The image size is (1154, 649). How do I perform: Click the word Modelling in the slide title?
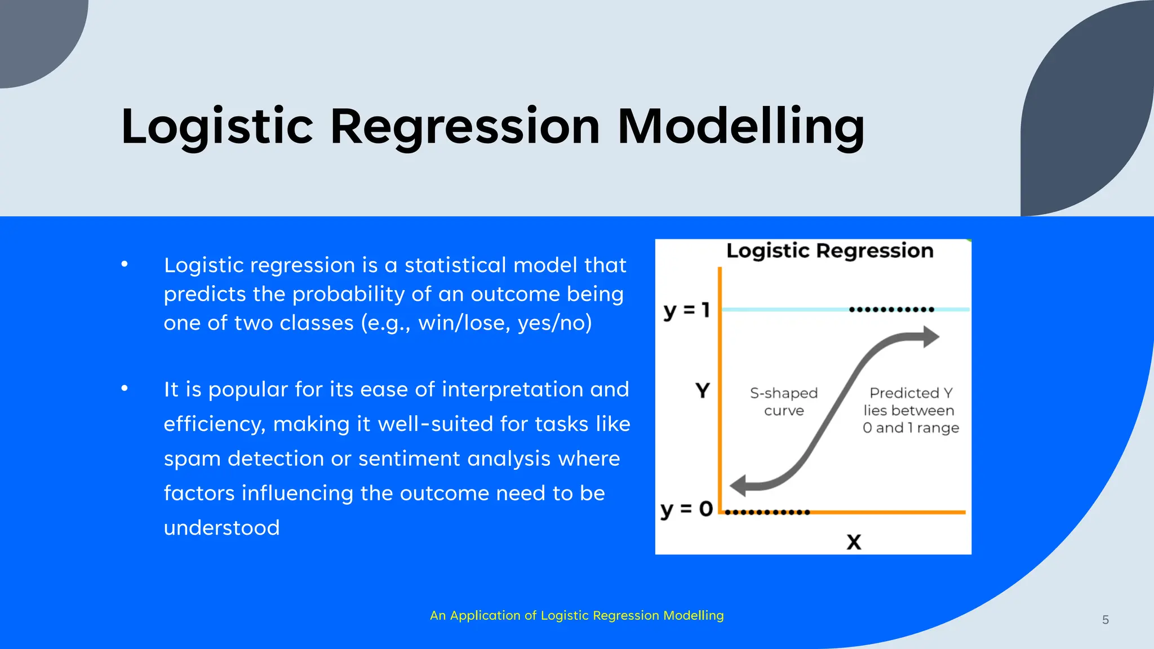pyautogui.click(x=740, y=127)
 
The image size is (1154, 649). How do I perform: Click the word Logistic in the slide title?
pyautogui.click(x=217, y=127)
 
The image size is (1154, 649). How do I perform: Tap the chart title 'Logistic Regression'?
pyautogui.click(x=829, y=251)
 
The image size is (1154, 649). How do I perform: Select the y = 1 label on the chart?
pyautogui.click(x=686, y=310)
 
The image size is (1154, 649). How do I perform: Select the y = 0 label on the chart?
pyautogui.click(x=686, y=509)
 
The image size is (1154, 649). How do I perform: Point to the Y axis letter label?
pyautogui.click(x=702, y=390)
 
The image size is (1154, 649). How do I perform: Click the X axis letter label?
pyautogui.click(x=854, y=542)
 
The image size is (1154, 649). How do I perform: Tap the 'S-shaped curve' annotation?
pyautogui.click(x=783, y=401)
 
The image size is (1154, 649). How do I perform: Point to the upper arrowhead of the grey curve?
pyautogui.click(x=930, y=337)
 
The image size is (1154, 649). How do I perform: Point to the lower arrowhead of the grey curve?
pyautogui.click(x=739, y=485)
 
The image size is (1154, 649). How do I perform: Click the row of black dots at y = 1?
pyautogui.click(x=891, y=309)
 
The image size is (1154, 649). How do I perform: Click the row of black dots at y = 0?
pyautogui.click(x=767, y=512)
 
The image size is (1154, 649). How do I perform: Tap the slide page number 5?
pyautogui.click(x=1105, y=620)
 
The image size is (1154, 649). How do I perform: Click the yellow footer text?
pyautogui.click(x=576, y=615)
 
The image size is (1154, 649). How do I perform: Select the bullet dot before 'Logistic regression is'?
pyautogui.click(x=125, y=264)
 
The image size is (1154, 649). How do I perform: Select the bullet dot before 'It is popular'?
pyautogui.click(x=125, y=389)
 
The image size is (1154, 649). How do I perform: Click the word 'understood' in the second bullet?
pyautogui.click(x=221, y=528)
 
